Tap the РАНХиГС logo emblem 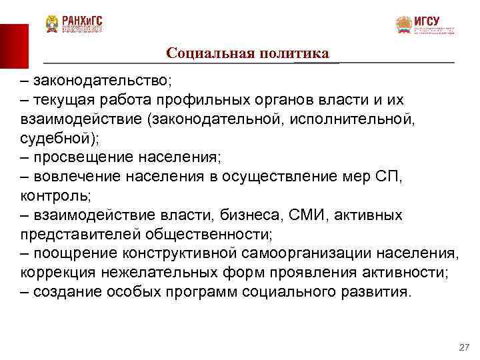click(x=52, y=25)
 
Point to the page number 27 click(x=465, y=348)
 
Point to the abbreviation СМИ click(x=306, y=216)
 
